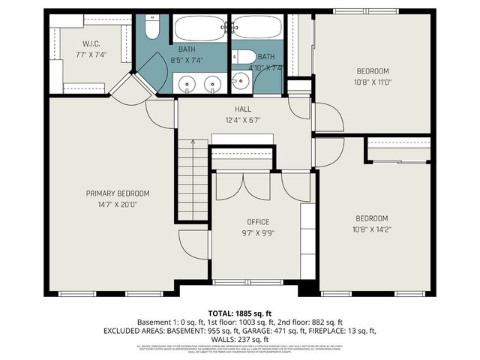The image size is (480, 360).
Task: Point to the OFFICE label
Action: pos(258,222)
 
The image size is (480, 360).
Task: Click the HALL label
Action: pos(243,109)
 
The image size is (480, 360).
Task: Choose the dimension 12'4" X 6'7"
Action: pos(243,120)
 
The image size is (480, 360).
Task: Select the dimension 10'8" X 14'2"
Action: pos(373,229)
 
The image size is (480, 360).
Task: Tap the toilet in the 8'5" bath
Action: pos(152,28)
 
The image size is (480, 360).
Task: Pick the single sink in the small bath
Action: pos(241,81)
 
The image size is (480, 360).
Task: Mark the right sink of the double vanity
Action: pos(213,82)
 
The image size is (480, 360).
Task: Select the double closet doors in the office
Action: pos(256,185)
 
